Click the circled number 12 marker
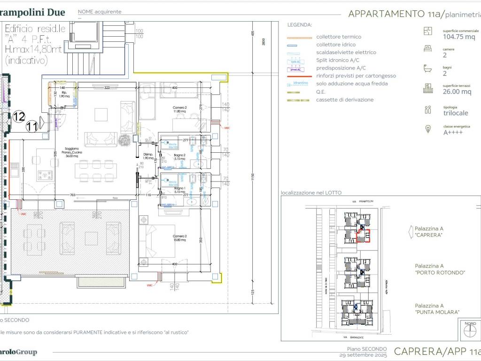pyautogui.click(x=19, y=116)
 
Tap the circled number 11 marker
pyautogui.click(x=32, y=126)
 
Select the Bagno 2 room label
pyautogui.click(x=179, y=157)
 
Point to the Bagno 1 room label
pyautogui.click(x=179, y=190)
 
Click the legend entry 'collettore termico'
pyautogui.click(x=338, y=37)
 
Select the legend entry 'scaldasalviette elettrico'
pyautogui.click(x=346, y=53)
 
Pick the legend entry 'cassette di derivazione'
pyautogui.click(x=345, y=100)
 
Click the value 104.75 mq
pyautogui.click(x=459, y=37)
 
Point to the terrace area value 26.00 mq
pyautogui.click(x=457, y=92)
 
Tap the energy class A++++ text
pyautogui.click(x=453, y=133)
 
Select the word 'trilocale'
pyautogui.click(x=455, y=113)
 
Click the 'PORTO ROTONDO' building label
pyautogui.click(x=440, y=272)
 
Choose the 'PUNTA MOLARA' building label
pyautogui.click(x=437, y=312)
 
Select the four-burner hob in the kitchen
pyautogui.click(x=46, y=174)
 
